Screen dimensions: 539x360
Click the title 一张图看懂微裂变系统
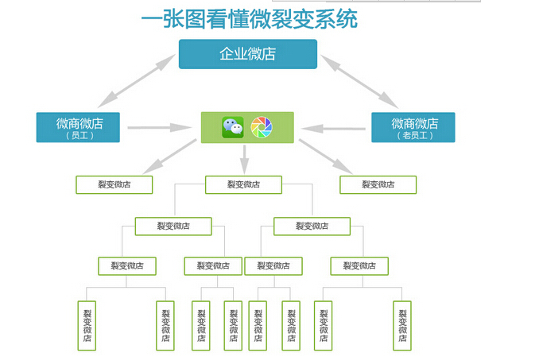click(x=249, y=19)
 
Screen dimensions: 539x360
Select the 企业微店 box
click(x=248, y=54)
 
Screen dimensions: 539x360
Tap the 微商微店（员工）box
click(x=78, y=127)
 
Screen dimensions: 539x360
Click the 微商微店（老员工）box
click(x=413, y=127)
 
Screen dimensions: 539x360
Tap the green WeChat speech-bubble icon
click(x=233, y=127)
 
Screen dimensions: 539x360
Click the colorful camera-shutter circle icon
click(x=262, y=127)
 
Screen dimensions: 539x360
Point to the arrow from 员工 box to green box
click(x=160, y=128)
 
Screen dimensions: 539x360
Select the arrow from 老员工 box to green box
click(x=333, y=129)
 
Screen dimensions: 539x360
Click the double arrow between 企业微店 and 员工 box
click(x=137, y=81)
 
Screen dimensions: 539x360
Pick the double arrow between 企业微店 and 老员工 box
click(x=359, y=81)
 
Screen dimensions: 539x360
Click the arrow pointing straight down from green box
click(x=244, y=160)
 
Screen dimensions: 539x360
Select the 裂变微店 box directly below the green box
click(x=244, y=185)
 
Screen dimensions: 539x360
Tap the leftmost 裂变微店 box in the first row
click(x=114, y=185)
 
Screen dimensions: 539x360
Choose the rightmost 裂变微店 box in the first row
click(x=378, y=185)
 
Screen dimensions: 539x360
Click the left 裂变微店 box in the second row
click(x=173, y=226)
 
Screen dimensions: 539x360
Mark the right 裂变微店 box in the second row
click(x=312, y=226)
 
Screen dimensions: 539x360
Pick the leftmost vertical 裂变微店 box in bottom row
click(x=87, y=326)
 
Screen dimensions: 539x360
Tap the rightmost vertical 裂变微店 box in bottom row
click(x=402, y=326)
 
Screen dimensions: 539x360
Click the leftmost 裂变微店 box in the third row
click(x=127, y=266)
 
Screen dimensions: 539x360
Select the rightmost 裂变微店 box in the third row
click(x=359, y=266)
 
